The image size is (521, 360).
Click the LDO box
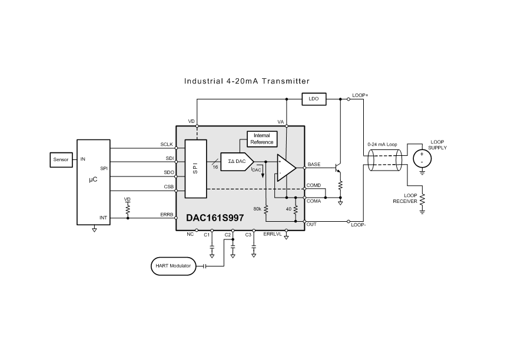pos(314,99)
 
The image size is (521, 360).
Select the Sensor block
pos(61,160)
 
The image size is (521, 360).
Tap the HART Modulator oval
pos(174,266)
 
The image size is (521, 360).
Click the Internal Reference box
pos(262,139)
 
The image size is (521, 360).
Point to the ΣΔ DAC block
pos(237,162)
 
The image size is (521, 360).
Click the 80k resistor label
pos(257,209)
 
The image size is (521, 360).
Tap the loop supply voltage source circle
pos(422,158)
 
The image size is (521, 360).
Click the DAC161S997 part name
pos(215,218)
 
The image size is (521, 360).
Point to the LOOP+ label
pos(360,95)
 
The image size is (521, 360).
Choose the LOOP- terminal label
pos(359,225)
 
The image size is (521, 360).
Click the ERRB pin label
pos(167,215)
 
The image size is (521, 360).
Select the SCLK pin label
pos(167,145)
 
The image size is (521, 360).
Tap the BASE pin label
pos(314,164)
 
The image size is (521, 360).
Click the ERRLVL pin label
pos(273,234)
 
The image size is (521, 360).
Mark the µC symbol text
pos(94,179)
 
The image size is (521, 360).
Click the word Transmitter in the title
pos(286,81)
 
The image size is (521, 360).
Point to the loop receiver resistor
pos(422,199)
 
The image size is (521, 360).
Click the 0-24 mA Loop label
pos(383,145)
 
